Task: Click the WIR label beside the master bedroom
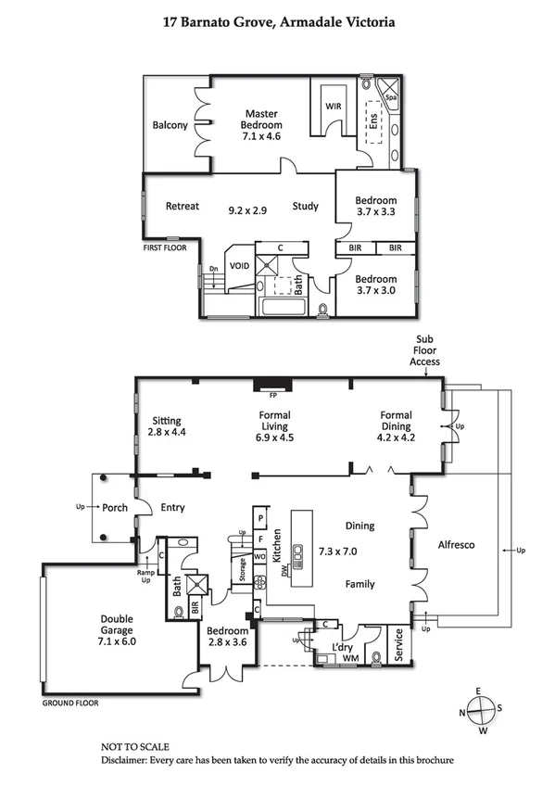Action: (x=334, y=107)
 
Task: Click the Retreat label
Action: (x=182, y=206)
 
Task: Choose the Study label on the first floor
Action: (x=306, y=206)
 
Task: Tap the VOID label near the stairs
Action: (x=240, y=265)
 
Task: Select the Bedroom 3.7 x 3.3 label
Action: (x=376, y=206)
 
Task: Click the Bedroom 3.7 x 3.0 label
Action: (x=376, y=284)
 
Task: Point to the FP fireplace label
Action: (x=272, y=395)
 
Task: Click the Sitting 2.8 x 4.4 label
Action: (x=167, y=425)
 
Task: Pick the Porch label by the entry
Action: (x=115, y=508)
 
